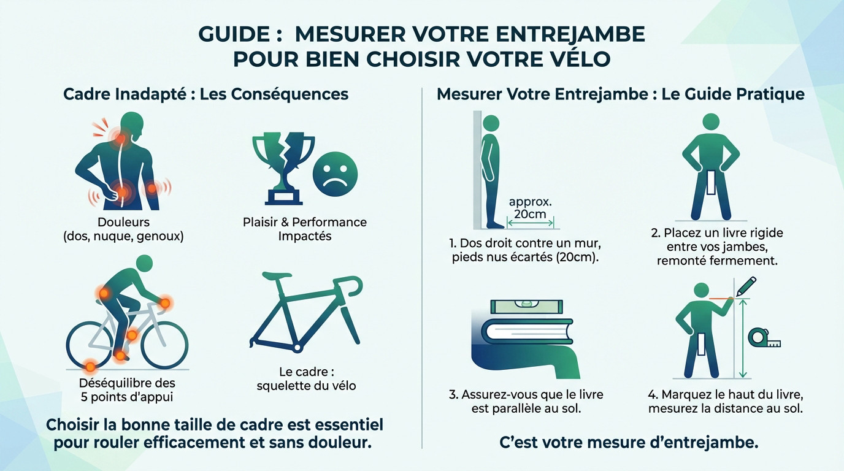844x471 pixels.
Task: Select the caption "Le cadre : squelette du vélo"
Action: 306,378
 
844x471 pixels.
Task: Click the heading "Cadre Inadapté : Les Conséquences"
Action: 206,94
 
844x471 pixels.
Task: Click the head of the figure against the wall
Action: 491,122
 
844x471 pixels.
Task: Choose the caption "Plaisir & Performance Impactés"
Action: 304,229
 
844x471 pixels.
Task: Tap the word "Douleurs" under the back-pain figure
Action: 123,222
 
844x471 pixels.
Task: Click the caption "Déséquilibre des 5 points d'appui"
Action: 127,390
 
